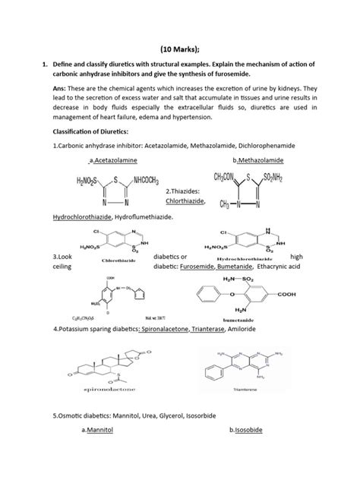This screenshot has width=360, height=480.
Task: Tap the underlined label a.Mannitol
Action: pyautogui.click(x=101, y=452)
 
